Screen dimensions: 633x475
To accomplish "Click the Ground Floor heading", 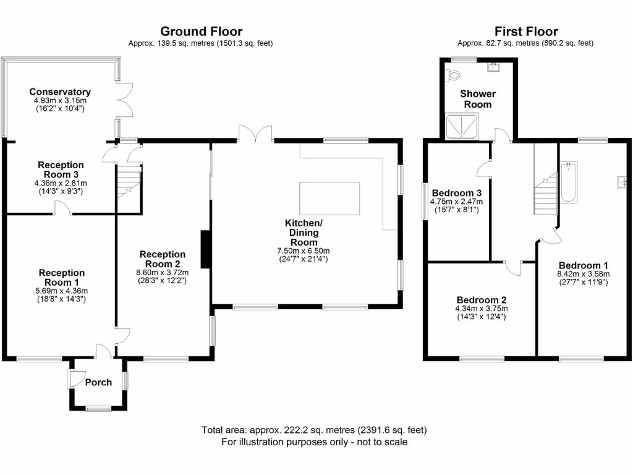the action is click(201, 32).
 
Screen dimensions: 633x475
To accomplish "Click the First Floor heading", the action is click(526, 32).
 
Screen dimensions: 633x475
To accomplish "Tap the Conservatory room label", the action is click(60, 92).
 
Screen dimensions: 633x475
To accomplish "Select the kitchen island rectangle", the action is click(329, 199).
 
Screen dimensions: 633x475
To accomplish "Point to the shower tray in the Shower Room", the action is click(462, 127).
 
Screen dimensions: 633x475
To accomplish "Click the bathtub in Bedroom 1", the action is click(569, 182).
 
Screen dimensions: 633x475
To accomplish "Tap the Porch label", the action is click(98, 382).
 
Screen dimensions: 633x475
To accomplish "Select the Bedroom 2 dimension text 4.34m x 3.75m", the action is click(482, 309).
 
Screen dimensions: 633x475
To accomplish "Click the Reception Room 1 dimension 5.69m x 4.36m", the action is click(61, 291).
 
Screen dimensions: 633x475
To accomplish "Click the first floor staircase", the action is click(546, 193).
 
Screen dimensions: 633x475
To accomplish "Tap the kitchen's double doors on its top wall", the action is click(255, 134).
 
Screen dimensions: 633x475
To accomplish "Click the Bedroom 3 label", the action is click(457, 193).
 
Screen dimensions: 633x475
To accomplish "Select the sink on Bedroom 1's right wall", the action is click(621, 182).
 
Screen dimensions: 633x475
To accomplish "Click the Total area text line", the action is click(314, 430).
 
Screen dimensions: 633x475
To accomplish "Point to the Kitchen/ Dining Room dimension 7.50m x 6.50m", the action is click(304, 251).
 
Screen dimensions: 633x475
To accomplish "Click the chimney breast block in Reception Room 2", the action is click(205, 249).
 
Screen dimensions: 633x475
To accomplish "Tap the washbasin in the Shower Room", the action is click(493, 67).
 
